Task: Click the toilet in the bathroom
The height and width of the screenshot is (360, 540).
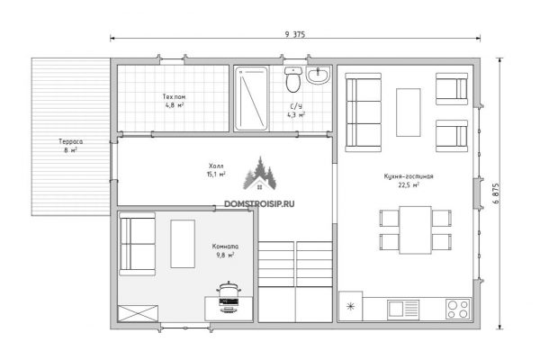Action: pos(293,80)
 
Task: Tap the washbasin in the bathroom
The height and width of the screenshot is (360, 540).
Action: pos(318,76)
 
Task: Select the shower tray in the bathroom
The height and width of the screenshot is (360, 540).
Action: pos(251,99)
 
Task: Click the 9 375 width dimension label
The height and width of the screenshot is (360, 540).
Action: pos(295,34)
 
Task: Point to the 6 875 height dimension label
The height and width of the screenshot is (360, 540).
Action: pos(496,193)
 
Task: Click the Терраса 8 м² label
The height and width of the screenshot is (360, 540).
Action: pos(70,146)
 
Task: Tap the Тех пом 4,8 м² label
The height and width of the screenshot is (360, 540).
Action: pos(174,101)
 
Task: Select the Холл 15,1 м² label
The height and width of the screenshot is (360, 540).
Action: pos(216,170)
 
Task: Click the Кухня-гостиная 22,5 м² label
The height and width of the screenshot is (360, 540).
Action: pos(409,181)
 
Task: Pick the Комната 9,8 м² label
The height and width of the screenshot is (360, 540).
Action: pos(225,251)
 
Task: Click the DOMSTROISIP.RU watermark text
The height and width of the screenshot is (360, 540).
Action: pos(259,204)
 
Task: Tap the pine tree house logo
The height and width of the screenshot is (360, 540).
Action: pos(260,174)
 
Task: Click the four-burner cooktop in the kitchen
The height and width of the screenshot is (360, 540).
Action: pos(458,309)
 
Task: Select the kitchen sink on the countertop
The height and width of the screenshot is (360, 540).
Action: pos(403,309)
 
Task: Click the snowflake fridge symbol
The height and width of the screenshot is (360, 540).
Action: pos(350,306)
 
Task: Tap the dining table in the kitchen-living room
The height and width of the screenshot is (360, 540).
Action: pos(415,230)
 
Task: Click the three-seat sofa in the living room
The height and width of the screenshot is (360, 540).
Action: pos(363,112)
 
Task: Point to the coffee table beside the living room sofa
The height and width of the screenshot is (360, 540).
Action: pos(408,112)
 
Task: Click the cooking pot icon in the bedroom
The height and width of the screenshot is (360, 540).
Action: pos(229,297)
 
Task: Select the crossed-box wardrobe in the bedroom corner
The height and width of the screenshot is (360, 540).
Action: pos(138,313)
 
